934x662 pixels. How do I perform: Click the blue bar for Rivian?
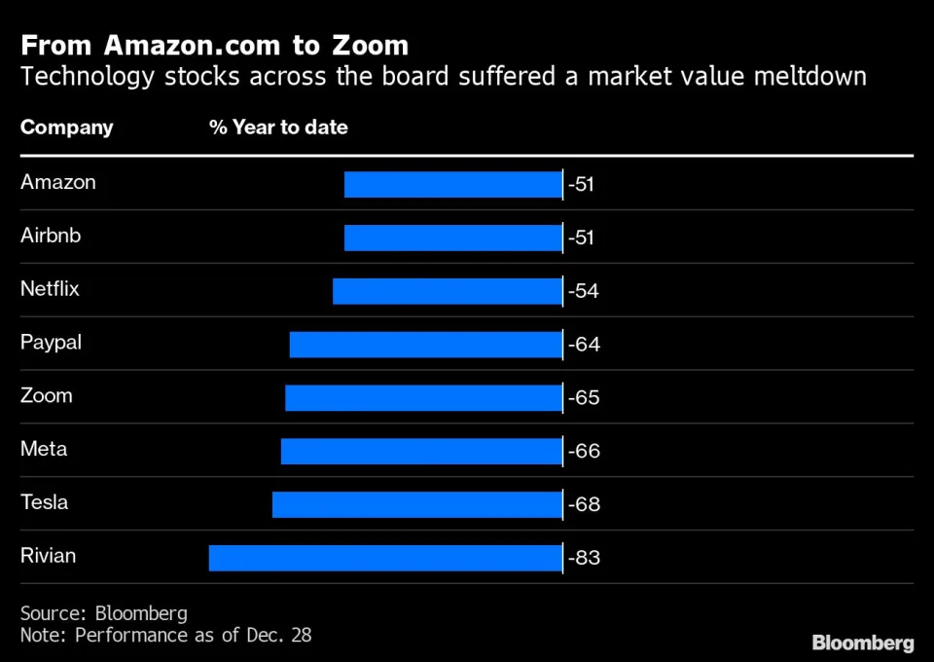click(385, 558)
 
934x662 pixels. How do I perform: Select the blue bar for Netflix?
click(448, 291)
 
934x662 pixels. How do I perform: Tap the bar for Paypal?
click(426, 345)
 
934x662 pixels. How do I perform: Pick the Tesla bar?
click(417, 504)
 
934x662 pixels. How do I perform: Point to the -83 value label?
click(584, 558)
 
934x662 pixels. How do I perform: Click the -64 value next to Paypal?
click(584, 345)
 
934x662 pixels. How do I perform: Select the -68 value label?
click(584, 504)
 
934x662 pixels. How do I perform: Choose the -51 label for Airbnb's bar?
click(581, 238)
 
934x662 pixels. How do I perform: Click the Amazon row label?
click(58, 182)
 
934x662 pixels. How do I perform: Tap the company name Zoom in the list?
click(47, 396)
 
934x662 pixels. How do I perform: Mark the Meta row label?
click(44, 450)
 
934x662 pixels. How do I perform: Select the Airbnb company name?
click(51, 236)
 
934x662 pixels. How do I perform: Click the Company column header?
click(67, 128)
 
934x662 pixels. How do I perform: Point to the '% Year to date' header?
click(278, 128)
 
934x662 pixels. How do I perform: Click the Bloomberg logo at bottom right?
click(863, 643)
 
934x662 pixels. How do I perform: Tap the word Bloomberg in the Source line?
click(141, 613)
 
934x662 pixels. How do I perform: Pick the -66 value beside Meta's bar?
click(584, 451)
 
